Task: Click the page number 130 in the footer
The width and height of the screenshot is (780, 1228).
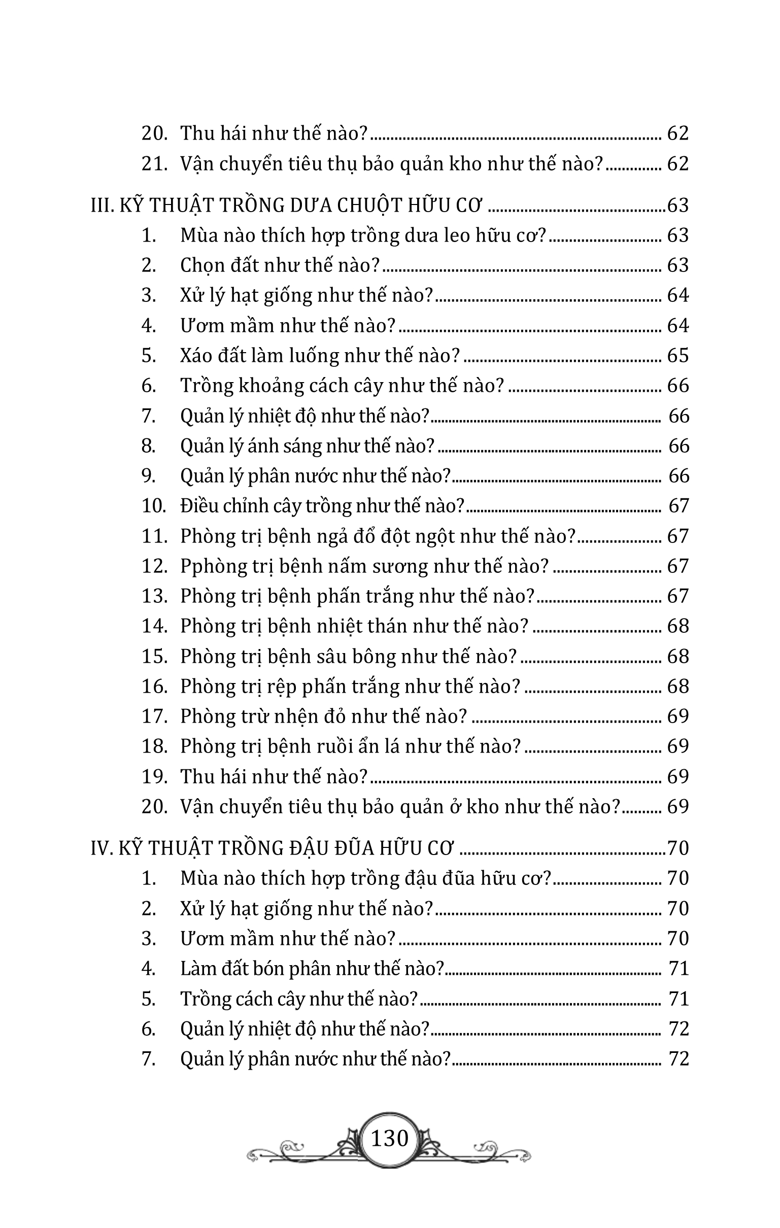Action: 390,1138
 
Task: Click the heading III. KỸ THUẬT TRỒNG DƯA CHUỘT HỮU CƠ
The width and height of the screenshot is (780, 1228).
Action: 286,205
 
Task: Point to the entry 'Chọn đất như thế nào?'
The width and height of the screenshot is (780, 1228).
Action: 280,265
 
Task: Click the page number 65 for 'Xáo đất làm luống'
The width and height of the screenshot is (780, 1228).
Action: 677,355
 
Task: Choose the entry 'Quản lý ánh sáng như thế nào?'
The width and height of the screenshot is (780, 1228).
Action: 307,446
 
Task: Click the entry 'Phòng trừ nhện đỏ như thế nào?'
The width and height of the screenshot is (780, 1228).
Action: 323,716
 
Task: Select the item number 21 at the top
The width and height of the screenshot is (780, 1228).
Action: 154,164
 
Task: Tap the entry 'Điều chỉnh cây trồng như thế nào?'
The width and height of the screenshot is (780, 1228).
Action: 322,506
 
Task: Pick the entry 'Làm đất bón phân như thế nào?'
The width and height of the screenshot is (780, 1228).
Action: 312,968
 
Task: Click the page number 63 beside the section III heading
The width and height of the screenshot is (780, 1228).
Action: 678,205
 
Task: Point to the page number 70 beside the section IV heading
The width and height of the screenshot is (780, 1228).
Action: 678,847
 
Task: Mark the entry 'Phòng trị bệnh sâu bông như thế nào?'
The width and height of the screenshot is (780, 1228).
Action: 349,656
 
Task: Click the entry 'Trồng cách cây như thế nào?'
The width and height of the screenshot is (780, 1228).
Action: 299,998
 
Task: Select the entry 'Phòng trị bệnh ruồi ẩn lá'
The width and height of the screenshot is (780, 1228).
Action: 351,746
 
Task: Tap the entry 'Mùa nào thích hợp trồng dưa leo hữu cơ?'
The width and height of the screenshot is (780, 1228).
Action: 363,235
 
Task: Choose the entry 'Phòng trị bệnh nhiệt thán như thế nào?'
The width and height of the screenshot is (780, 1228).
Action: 354,626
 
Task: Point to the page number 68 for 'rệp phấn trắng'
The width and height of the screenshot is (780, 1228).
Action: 677,686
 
